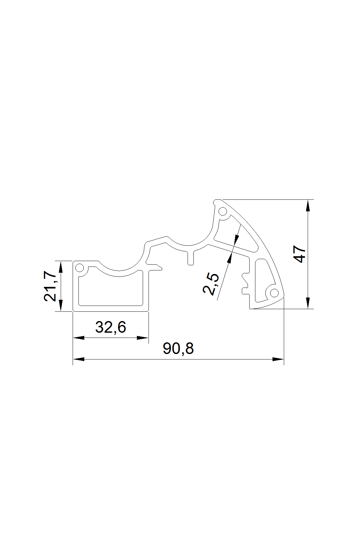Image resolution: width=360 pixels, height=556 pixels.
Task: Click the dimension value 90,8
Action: click(178, 349)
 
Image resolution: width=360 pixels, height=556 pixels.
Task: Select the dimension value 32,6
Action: click(110, 327)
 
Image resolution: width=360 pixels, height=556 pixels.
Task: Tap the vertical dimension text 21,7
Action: click(50, 286)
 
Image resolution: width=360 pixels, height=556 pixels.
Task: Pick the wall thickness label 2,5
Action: click(211, 284)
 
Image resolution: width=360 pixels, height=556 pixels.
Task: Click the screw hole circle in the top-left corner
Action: click(79, 268)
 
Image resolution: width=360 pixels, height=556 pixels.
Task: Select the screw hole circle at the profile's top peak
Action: click(223, 212)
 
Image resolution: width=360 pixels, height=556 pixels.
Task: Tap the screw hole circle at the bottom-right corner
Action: click(274, 293)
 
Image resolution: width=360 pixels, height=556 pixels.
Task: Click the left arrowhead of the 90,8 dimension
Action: click(79, 359)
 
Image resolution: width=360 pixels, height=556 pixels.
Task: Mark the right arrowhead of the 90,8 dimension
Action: click(278, 359)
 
